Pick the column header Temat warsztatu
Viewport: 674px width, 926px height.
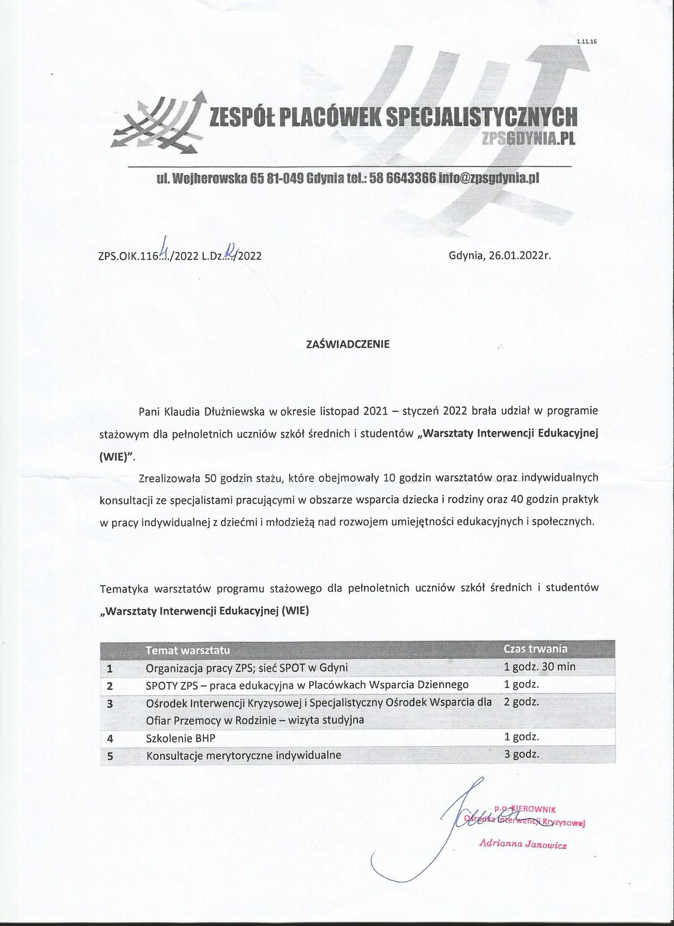(x=187, y=650)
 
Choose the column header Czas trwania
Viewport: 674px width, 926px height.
(x=536, y=649)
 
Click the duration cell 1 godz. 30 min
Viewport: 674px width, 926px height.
(x=540, y=667)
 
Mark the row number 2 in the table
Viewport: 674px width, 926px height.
(x=110, y=686)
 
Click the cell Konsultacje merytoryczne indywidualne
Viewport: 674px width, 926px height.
(x=243, y=755)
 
